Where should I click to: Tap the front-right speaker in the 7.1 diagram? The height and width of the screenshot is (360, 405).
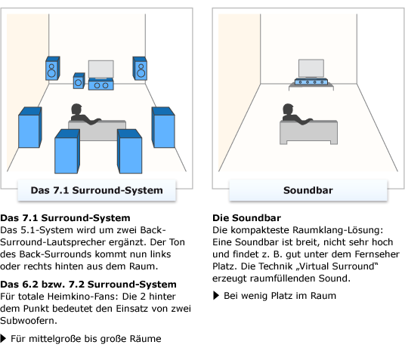[x=140, y=68]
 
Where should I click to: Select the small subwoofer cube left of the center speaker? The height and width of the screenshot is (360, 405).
[x=79, y=81]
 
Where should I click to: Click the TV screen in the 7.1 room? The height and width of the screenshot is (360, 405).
[x=102, y=69]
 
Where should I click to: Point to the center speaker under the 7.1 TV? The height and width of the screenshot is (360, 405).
[x=101, y=85]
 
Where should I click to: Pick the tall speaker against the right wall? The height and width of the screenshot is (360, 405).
[x=163, y=127]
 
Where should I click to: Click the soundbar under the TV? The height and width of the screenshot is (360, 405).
[x=311, y=82]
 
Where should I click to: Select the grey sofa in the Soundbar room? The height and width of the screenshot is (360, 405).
[x=310, y=131]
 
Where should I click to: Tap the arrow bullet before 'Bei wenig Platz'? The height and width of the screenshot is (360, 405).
[x=217, y=296]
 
